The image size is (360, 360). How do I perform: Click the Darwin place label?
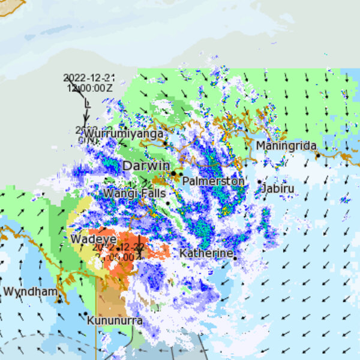pyautogui.click(x=145, y=166)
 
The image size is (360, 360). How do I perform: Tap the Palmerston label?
pyautogui.click(x=213, y=181)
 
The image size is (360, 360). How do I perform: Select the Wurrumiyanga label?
pyautogui.click(x=123, y=133)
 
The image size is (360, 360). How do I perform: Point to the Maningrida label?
pyautogui.click(x=286, y=146)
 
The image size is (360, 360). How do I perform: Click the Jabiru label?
pyautogui.click(x=278, y=189)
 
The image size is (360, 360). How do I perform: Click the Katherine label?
pyautogui.click(x=206, y=253)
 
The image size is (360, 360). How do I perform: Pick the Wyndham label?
pyautogui.click(x=31, y=292)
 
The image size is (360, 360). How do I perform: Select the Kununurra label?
pyautogui.click(x=115, y=321)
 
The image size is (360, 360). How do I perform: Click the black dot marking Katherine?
pyautogui.click(x=235, y=258)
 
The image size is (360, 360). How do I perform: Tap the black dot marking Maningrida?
pyautogui.click(x=318, y=155)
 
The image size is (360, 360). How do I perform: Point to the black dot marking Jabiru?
pyautogui.click(x=260, y=182)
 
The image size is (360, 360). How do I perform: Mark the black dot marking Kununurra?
pyautogui.click(x=86, y=313)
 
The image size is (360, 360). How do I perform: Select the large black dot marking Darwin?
pyautogui.click(x=173, y=173)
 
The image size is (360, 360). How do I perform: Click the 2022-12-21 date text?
pyautogui.click(x=89, y=78)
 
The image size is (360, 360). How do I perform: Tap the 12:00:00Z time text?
pyautogui.click(x=90, y=88)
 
